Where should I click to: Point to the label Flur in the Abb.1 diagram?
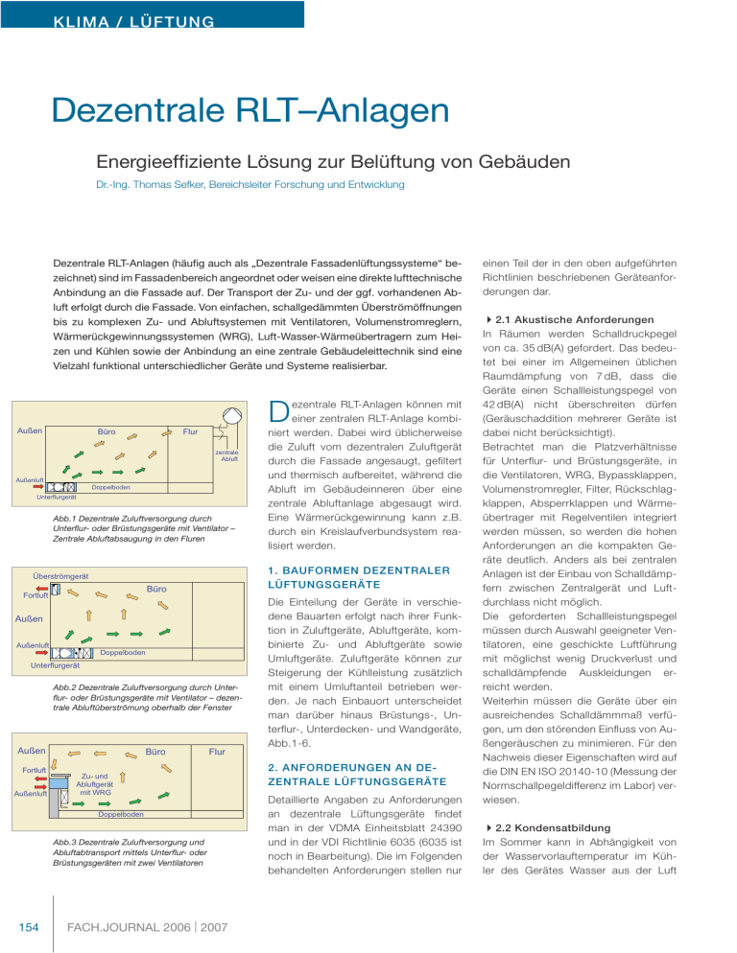[191, 434]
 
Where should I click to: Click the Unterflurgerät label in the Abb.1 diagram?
[56, 497]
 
